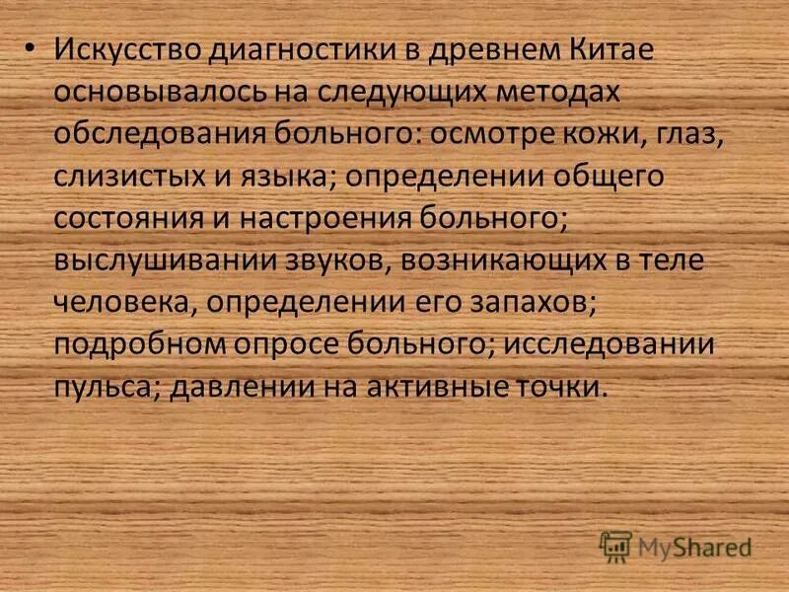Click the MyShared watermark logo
677,545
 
